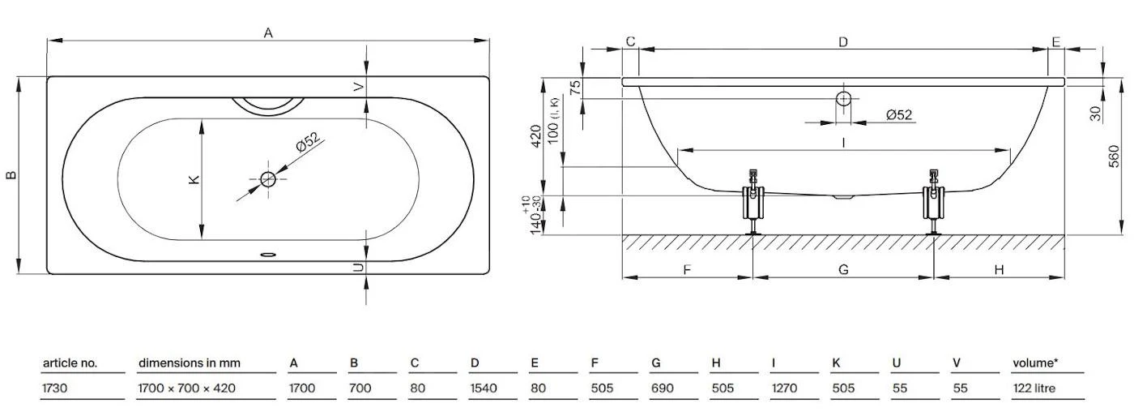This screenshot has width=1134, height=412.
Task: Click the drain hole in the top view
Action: [x=268, y=179]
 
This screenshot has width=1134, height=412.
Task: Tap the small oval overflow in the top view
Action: [x=268, y=255]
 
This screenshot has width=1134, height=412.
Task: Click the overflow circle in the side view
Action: [x=843, y=98]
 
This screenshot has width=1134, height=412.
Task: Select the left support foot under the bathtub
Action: [x=753, y=203]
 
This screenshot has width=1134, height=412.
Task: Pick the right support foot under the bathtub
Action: [x=933, y=203]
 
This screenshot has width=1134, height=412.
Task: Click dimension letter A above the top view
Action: [x=268, y=33]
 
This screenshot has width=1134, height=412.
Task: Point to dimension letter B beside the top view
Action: [x=11, y=175]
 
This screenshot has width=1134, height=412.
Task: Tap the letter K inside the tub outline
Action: [x=194, y=179]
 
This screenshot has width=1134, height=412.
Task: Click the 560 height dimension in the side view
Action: [x=1114, y=156]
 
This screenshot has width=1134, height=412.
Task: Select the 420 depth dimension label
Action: [x=535, y=135]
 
